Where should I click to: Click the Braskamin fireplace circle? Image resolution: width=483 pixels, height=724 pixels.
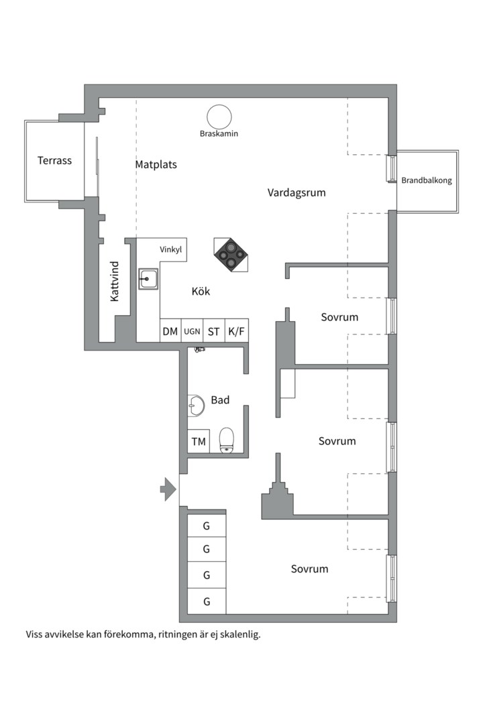[219, 117]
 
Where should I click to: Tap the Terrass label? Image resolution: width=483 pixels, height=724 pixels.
[54, 161]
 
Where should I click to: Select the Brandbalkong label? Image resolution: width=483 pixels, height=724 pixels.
[426, 180]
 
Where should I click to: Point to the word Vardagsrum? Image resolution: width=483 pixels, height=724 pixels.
[297, 192]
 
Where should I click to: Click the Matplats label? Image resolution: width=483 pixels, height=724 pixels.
[156, 164]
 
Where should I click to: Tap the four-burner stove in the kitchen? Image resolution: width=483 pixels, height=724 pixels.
[231, 255]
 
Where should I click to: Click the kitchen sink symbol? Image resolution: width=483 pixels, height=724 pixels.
[148, 279]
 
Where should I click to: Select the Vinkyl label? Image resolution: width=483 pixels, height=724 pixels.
[171, 250]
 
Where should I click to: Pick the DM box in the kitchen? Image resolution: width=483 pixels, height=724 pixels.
[170, 330]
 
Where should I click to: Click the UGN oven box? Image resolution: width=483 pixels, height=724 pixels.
[192, 330]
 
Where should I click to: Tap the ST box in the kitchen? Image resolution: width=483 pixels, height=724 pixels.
[213, 330]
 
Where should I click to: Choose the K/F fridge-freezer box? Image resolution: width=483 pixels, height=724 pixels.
[236, 330]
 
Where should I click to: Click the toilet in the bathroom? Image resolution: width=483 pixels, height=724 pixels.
[227, 440]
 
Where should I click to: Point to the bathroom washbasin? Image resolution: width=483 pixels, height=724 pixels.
[196, 406]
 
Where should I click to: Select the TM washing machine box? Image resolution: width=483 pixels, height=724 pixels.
[199, 441]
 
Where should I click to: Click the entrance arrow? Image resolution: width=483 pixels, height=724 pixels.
[168, 489]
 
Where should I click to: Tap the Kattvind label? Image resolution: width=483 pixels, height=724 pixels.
[115, 282]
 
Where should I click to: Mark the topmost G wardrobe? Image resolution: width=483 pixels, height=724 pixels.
[207, 526]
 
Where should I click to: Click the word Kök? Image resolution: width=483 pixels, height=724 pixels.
[201, 292]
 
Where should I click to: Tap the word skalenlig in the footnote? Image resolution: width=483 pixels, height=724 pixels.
[240, 634]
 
